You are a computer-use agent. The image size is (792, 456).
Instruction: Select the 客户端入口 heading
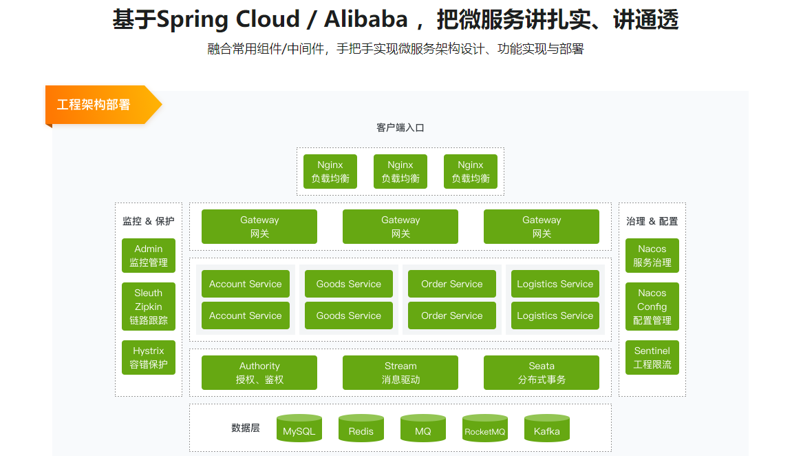pos(400,127)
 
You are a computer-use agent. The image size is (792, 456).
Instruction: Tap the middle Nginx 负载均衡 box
pos(400,172)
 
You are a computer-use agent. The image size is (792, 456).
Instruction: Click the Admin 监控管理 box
pos(149,256)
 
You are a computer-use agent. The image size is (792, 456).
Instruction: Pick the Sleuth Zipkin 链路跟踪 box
pos(149,307)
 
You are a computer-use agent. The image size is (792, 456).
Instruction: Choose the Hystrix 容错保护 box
pos(149,357)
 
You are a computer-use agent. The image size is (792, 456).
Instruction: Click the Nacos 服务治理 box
pos(652,256)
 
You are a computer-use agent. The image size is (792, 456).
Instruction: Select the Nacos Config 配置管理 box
pos(652,307)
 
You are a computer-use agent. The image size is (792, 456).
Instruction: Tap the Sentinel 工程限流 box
pos(652,357)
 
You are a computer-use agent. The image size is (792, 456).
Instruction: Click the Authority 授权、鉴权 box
pos(259,373)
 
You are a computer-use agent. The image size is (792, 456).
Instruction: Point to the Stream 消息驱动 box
pos(400,373)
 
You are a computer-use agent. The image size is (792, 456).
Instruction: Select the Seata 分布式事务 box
pos(542,373)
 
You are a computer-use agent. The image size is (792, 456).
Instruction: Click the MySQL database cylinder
pos(299,429)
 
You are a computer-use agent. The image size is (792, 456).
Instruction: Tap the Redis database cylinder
pos(361,429)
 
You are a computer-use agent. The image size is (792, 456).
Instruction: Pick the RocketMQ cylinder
pos(485,429)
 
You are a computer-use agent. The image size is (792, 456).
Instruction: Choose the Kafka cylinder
pos(547,429)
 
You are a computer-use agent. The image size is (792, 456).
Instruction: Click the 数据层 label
pos(246,428)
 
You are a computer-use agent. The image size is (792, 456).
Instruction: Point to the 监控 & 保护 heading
pos(149,221)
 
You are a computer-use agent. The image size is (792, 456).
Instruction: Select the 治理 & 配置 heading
pos(652,221)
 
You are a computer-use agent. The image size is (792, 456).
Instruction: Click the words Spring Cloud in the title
pos(228,19)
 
